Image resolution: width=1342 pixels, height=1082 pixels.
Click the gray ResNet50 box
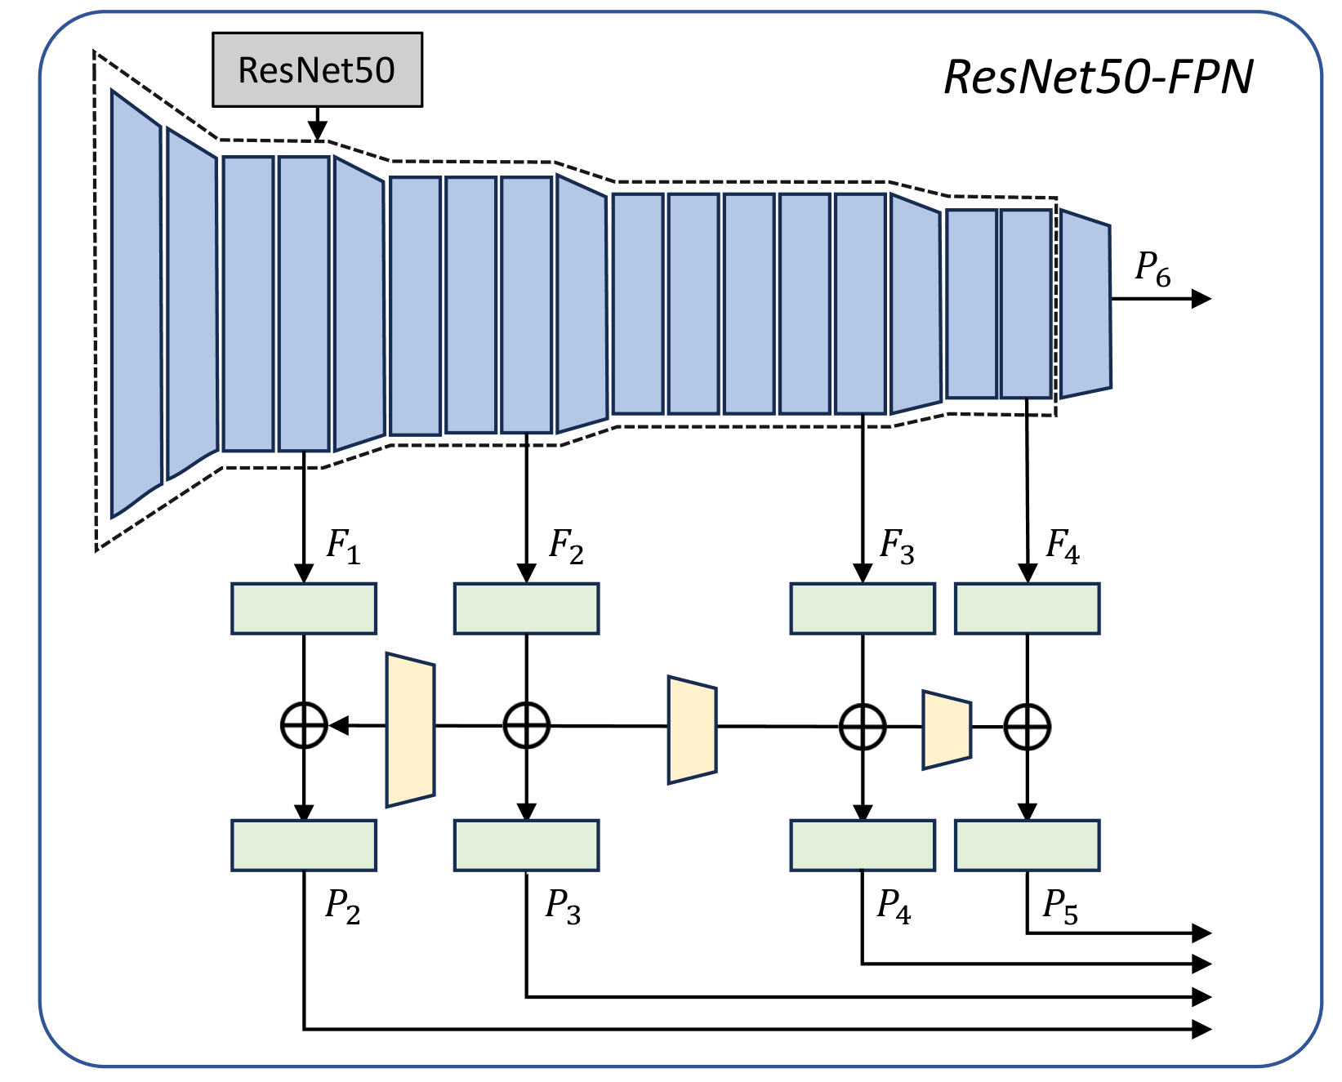pos(317,70)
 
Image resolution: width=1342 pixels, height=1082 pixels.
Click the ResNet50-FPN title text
pos(1098,78)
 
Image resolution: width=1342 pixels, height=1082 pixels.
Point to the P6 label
pos(1153,269)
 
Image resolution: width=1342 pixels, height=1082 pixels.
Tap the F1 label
pos(343,546)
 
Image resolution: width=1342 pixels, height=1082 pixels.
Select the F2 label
pos(566,546)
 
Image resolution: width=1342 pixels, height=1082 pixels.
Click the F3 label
pos(896,546)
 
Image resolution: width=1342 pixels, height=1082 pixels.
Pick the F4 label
pos(1063,546)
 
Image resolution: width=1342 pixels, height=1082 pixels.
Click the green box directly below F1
pos(304,608)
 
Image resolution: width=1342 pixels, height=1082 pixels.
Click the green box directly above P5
pos(1027,845)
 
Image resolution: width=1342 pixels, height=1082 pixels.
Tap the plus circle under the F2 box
pos(527,725)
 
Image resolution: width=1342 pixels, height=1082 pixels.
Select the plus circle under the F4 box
pos(1027,727)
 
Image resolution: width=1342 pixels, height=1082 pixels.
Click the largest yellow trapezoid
pos(410,730)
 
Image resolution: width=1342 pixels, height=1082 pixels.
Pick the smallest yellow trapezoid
pos(947,730)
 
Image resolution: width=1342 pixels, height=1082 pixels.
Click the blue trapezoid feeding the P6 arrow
pos(1086,303)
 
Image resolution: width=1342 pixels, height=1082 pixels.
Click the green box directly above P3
pos(527,845)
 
